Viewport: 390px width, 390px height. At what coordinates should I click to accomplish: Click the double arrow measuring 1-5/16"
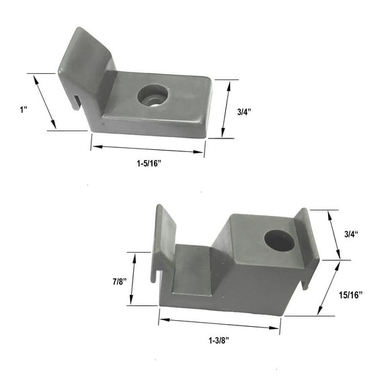point(147,149)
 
